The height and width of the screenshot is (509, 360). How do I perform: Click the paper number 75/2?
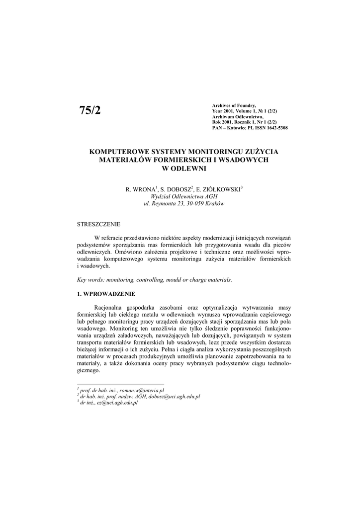point(90,110)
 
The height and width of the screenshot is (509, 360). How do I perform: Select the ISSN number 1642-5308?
point(274,128)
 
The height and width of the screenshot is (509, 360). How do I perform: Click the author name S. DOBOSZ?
point(175,189)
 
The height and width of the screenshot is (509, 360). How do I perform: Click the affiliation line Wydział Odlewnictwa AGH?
point(184,197)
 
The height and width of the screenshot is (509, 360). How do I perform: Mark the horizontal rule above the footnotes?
point(120,384)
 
